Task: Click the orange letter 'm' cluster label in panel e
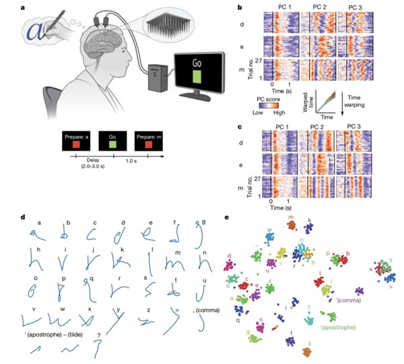tap(290, 218)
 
